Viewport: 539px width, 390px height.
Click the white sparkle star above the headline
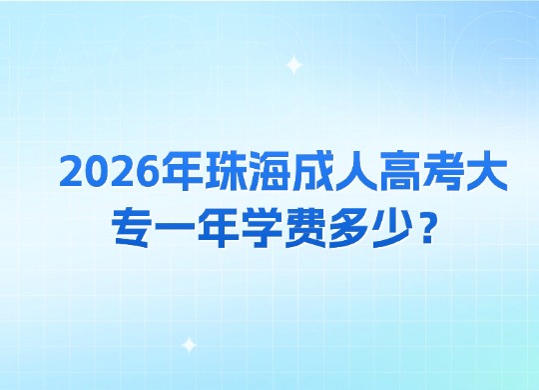click(293, 67)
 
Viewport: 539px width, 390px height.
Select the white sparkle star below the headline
click(189, 345)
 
